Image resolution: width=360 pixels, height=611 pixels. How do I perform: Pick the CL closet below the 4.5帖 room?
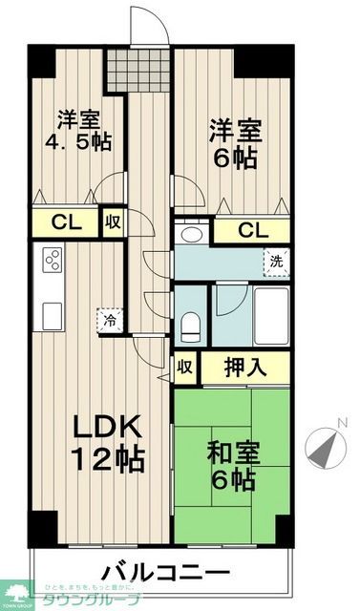(64, 224)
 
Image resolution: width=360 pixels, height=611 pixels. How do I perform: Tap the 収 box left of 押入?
(185, 368)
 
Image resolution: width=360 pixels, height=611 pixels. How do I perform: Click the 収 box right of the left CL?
(113, 223)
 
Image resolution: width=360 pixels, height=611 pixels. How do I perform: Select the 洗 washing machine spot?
(275, 261)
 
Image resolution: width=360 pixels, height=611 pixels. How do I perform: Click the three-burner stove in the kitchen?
(51, 260)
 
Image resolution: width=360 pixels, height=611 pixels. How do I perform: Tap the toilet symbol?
(191, 323)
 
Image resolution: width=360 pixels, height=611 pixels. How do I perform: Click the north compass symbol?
(326, 444)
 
